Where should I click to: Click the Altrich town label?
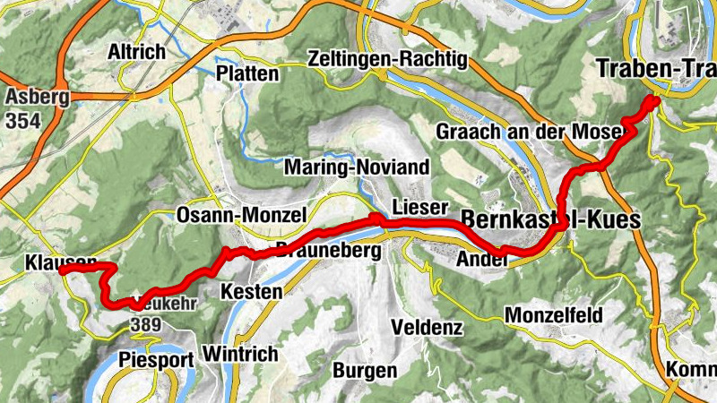pos(136,52)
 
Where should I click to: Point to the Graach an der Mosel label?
pos(530,132)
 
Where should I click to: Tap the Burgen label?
pos(364,370)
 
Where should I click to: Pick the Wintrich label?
pos(241,355)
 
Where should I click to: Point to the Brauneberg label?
pos(328,251)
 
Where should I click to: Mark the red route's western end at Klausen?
pos(64,270)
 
